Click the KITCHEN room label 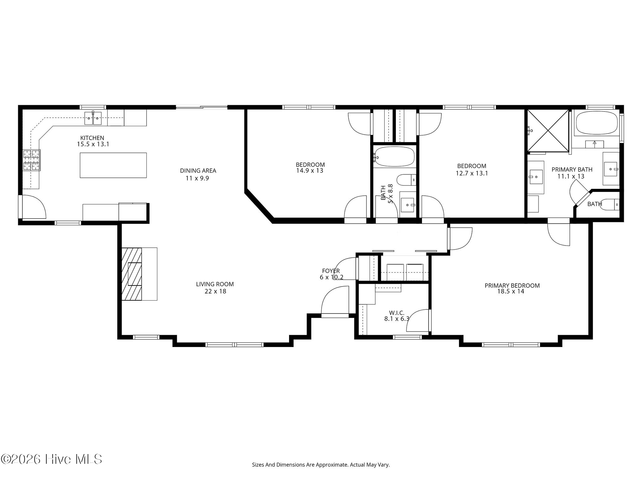92,138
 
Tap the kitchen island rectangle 113,165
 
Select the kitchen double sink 93,118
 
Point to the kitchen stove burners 31,160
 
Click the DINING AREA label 198,171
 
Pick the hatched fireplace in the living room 132,274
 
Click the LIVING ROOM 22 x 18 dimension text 215,291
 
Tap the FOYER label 331,271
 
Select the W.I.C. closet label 397,313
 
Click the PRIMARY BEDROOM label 512,286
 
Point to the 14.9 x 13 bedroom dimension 310,171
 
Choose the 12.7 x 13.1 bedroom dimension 472,173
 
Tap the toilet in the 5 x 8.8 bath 407,180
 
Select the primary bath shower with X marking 548,131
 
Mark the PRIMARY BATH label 572,169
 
